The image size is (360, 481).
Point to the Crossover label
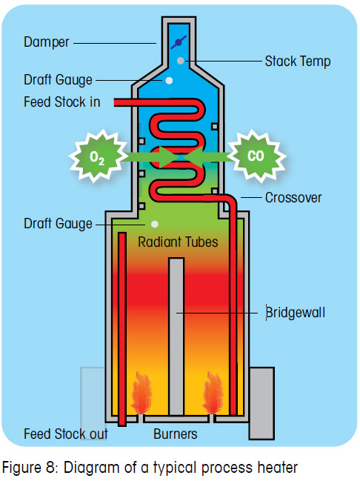[293, 198]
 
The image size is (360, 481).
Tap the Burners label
[176, 434]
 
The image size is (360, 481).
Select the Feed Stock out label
[66, 434]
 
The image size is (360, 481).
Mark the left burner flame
[141, 397]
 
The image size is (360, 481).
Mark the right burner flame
[213, 397]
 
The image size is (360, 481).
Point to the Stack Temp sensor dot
[180, 59]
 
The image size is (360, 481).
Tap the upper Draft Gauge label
[58, 79]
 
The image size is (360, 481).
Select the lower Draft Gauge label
[58, 223]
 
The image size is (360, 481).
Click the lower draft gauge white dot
[154, 224]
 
